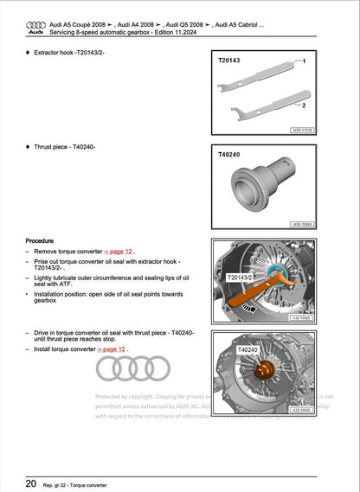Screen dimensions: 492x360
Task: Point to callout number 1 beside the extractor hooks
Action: pyautogui.click(x=304, y=63)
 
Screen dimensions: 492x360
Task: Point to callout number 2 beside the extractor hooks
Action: pyautogui.click(x=304, y=105)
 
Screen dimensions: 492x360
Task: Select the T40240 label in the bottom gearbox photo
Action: pyautogui.click(x=247, y=349)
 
